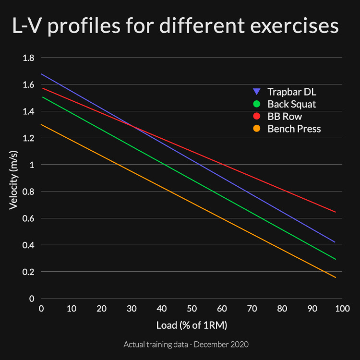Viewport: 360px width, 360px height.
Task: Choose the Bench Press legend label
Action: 294,129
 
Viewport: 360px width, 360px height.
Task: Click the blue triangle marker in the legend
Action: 257,92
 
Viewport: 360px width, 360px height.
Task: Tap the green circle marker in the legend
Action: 257,104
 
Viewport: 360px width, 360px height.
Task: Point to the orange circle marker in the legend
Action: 257,129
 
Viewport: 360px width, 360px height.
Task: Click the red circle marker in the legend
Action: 257,116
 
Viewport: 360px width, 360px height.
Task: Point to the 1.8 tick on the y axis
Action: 29,58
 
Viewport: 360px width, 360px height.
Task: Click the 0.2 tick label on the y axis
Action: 29,272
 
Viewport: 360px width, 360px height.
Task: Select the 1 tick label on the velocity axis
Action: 32,165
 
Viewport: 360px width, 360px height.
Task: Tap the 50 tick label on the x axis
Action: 192,308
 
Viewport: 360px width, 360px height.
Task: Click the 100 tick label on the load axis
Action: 342,308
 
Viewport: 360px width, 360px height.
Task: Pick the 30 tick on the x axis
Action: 132,308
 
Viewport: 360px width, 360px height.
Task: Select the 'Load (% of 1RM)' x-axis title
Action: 192,325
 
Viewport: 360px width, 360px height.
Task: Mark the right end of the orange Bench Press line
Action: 336,277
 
